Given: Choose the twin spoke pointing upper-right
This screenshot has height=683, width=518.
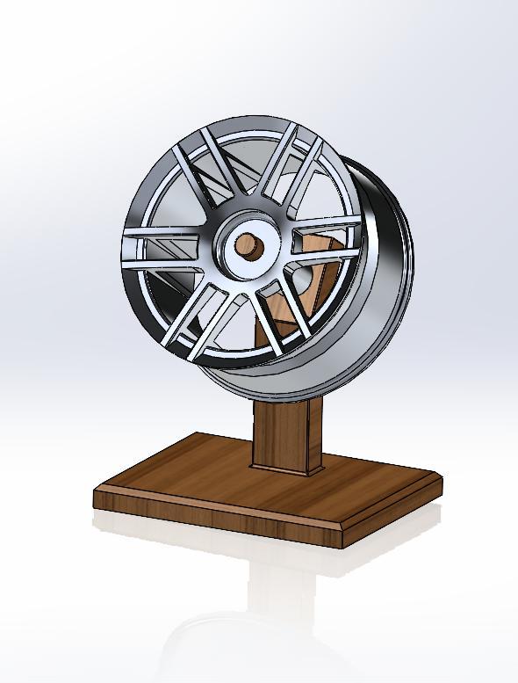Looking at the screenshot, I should (x=291, y=172).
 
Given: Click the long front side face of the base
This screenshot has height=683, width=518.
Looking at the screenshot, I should (x=211, y=514).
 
